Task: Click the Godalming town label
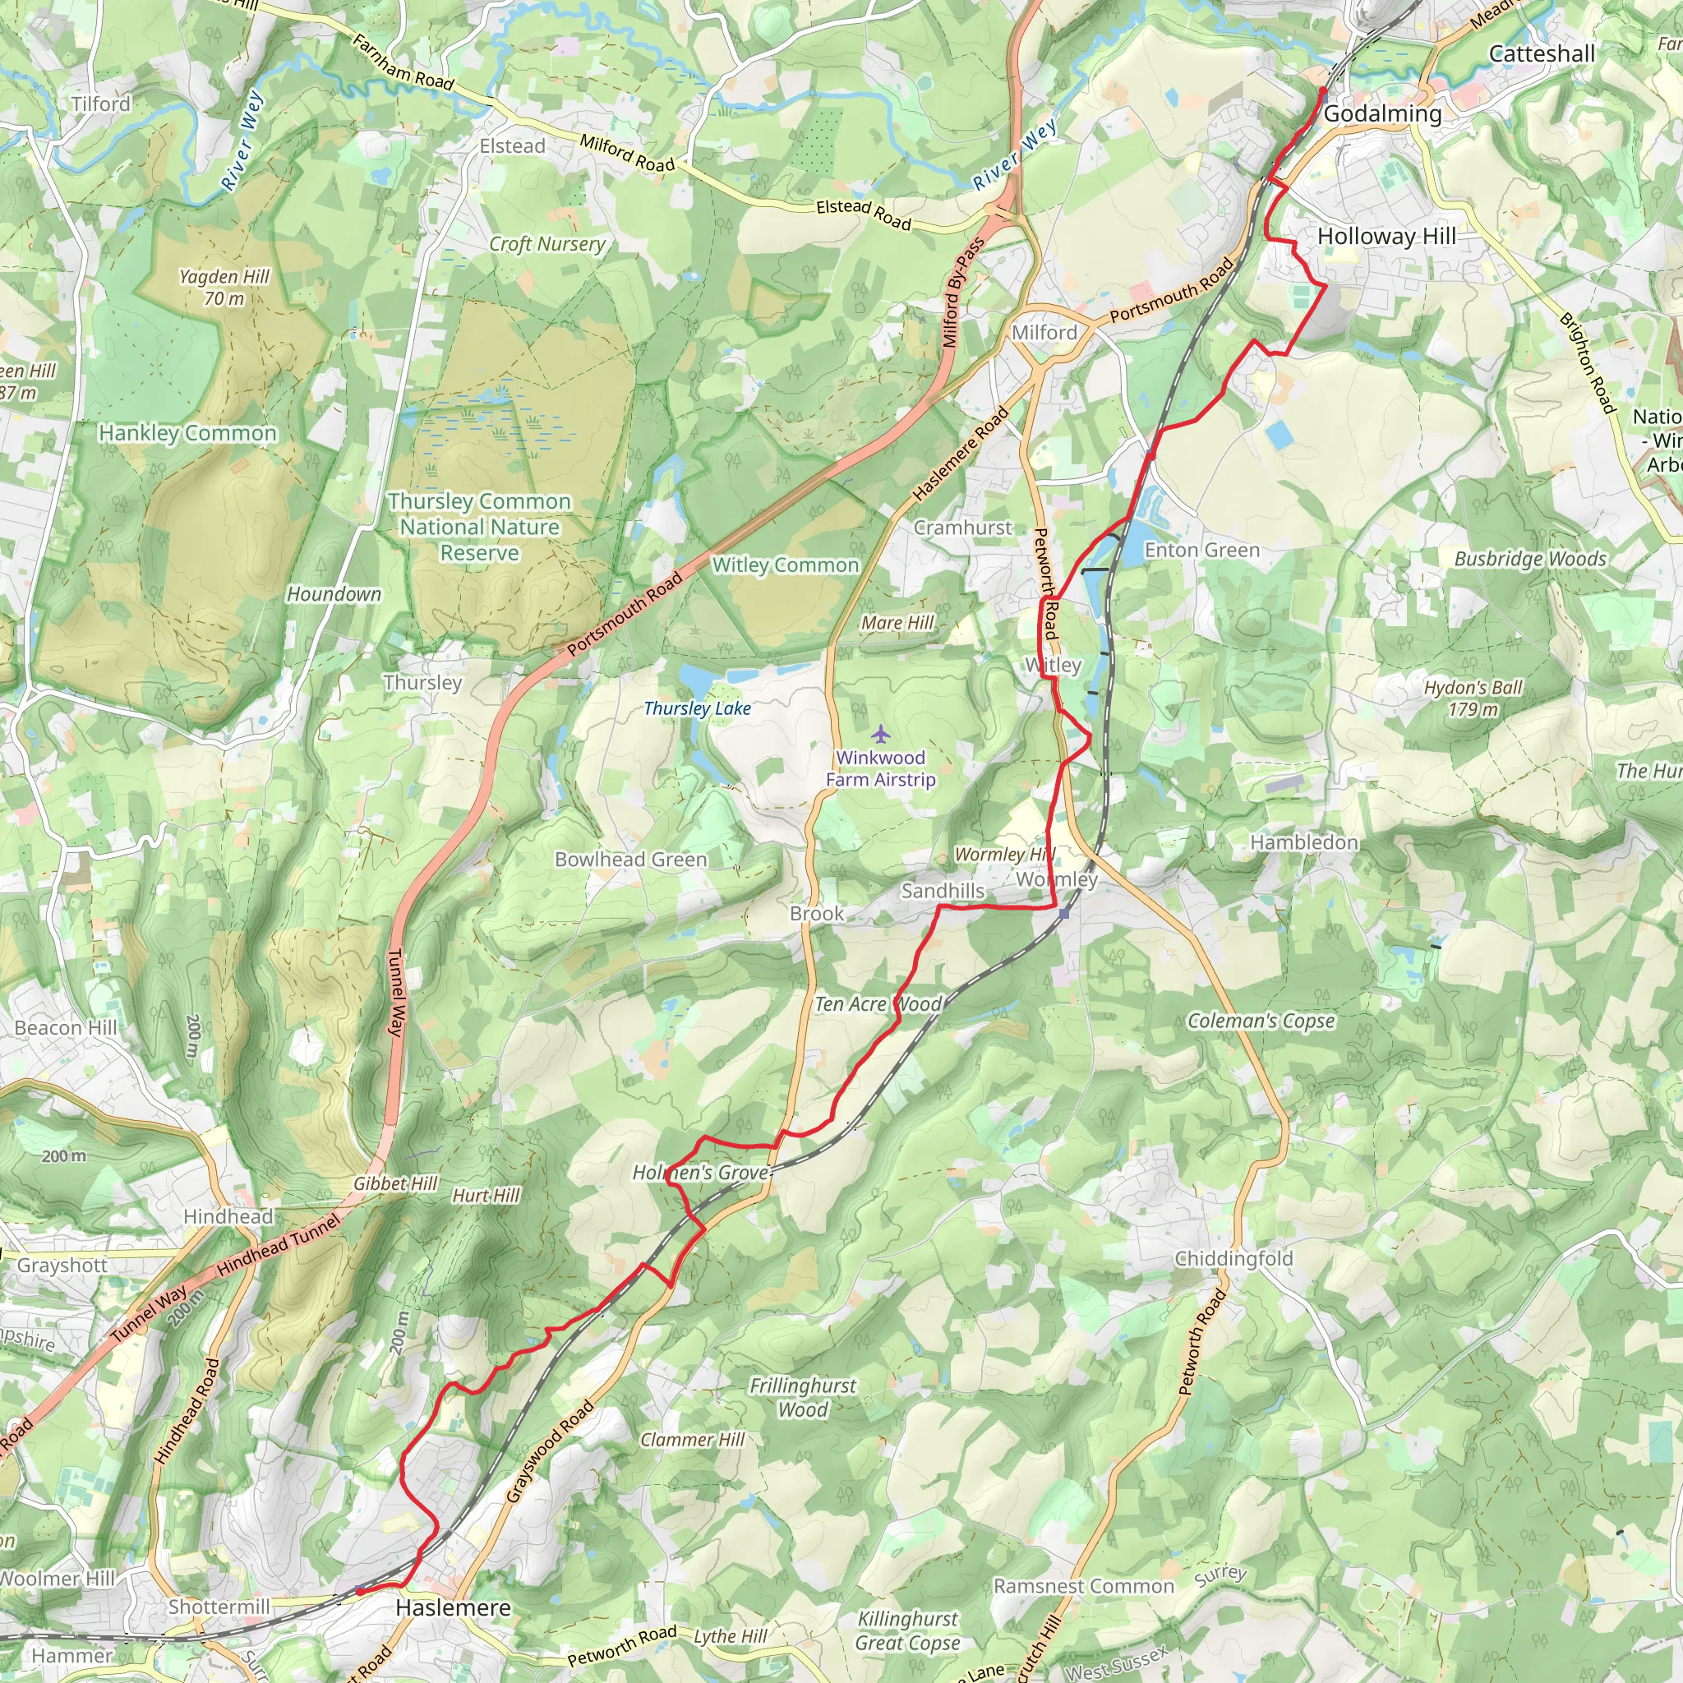pos(1382,114)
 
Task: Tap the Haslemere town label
pos(453,1607)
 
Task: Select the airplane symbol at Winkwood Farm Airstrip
pos(881,735)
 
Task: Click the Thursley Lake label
pos(697,708)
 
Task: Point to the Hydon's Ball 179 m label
pos(1473,698)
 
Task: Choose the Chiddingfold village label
pos(1233,1258)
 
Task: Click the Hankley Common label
pos(187,433)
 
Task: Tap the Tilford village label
pos(101,104)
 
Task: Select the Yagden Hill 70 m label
pos(224,287)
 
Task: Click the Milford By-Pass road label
pos(963,292)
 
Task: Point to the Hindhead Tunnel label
pos(278,1247)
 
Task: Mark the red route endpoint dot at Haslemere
pos(359,1592)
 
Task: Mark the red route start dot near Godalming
pos(1322,90)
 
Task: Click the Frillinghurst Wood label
pos(802,1396)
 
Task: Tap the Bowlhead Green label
pos(630,859)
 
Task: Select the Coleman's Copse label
pos(1261,1020)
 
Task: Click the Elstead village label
pos(512,146)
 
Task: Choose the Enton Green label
pos(1202,550)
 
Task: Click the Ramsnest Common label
pos(1084,1585)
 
